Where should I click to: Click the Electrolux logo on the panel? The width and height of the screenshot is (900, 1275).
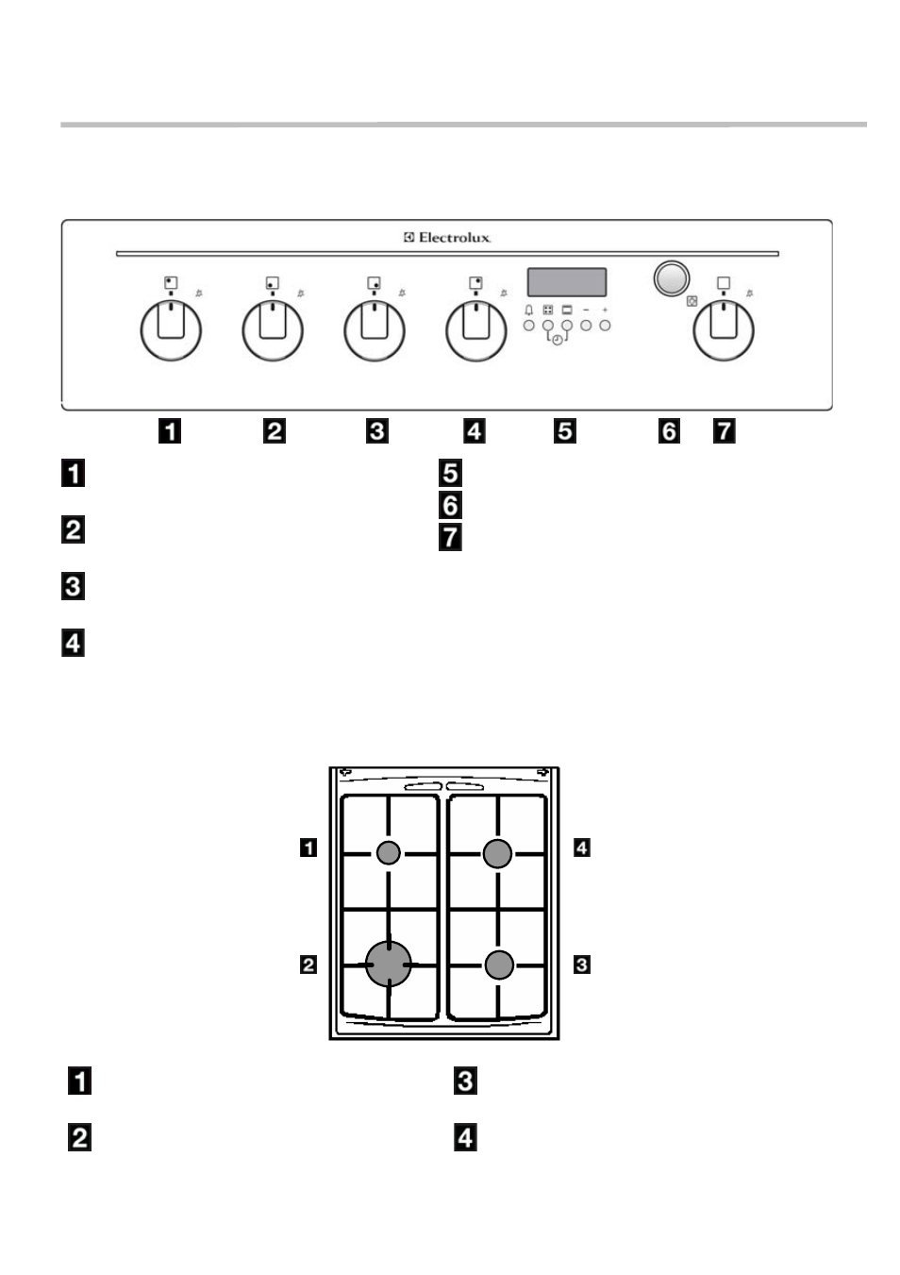coord(447,238)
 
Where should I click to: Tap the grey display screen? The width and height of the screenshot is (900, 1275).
coord(567,282)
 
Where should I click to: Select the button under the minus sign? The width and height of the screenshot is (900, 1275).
coord(586,326)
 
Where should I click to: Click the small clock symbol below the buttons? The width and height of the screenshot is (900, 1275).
coord(558,340)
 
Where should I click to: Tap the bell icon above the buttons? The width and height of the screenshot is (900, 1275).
coord(529,310)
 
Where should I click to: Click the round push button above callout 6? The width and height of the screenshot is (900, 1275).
coord(672,279)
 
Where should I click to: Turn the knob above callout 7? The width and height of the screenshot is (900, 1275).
coord(723,330)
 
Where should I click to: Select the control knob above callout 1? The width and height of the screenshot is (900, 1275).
coord(171,330)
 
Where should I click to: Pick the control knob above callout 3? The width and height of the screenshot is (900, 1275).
coord(375,330)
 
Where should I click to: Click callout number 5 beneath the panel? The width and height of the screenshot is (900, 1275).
coord(565,431)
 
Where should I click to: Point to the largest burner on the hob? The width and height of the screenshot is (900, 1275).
coord(389,965)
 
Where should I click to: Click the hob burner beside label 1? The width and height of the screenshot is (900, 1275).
coord(389,852)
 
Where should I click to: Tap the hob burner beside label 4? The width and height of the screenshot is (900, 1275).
coord(497,854)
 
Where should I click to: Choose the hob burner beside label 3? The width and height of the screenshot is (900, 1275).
coord(499,965)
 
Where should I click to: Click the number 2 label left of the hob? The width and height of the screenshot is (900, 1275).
coord(308,965)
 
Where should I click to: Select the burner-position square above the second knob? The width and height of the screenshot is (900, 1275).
coord(273,283)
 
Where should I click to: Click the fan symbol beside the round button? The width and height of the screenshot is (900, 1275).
coord(692,301)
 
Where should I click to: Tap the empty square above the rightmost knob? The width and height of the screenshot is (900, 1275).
coord(723,283)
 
